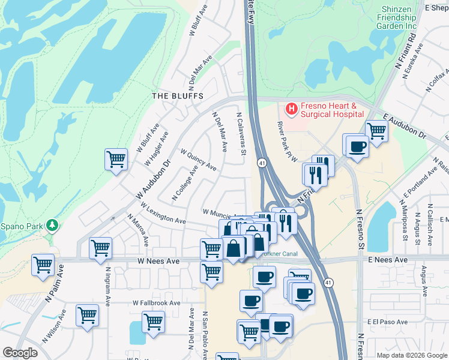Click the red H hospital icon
(291, 109)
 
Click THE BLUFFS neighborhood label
(178, 96)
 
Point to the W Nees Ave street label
(158, 262)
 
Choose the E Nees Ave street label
(387, 260)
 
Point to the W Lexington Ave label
(163, 213)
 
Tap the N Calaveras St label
(241, 135)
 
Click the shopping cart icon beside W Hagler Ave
(116, 160)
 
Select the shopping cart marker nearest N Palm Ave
(43, 265)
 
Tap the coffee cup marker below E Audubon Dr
(358, 146)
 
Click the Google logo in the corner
(20, 353)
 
